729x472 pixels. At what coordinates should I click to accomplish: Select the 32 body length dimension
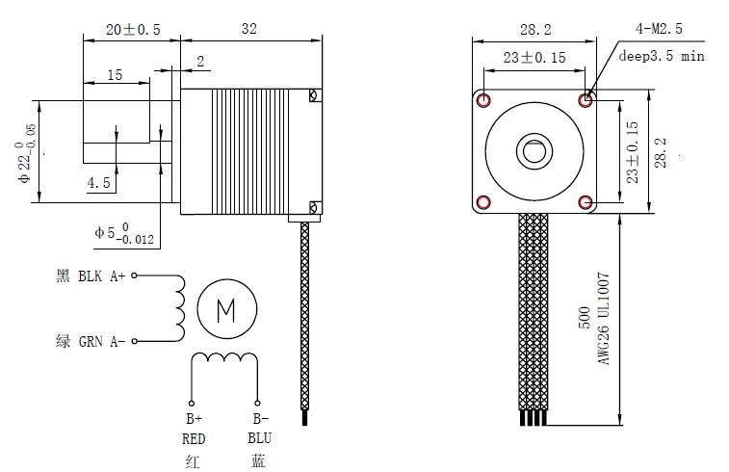coord(249,30)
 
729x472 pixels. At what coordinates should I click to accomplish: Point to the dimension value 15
coord(115,74)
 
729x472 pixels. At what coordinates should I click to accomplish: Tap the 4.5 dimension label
coord(98,182)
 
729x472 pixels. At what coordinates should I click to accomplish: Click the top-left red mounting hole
coord(482,100)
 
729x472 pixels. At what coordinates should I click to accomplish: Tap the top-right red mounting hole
coord(586,99)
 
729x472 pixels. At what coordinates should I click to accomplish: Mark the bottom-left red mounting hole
coord(482,201)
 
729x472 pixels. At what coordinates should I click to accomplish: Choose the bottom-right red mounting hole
coord(586,201)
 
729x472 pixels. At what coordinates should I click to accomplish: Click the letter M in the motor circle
coord(226,309)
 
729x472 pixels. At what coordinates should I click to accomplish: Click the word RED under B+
coord(194,439)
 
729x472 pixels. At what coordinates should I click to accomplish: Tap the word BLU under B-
coord(258,439)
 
